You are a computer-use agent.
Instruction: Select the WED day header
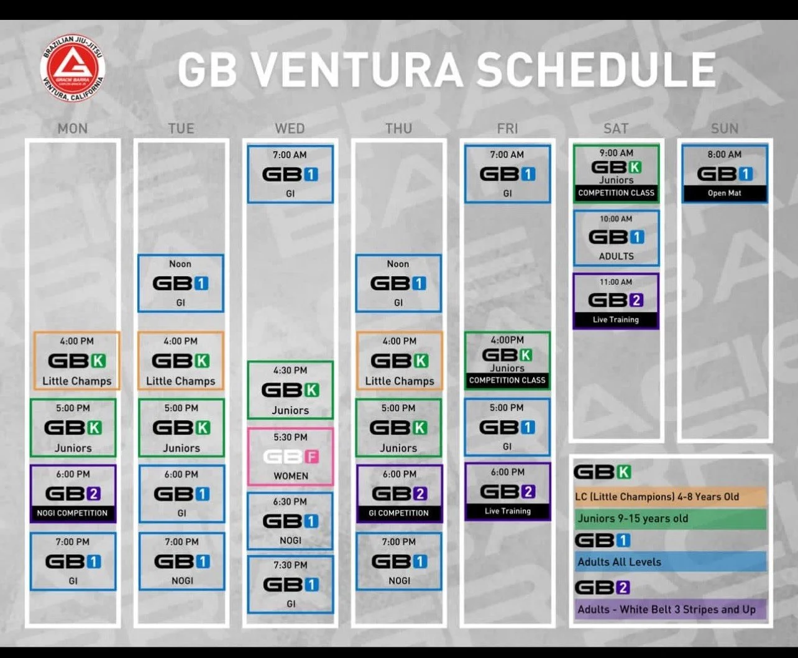click(x=290, y=129)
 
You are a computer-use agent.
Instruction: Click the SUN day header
click(x=724, y=129)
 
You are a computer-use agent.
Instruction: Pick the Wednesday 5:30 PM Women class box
click(x=290, y=456)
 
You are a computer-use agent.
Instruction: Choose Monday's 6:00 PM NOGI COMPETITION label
click(x=73, y=513)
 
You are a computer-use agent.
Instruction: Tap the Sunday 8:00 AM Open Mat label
click(x=724, y=193)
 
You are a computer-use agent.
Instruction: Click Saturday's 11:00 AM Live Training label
click(x=615, y=320)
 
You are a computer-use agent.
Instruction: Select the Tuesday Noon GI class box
click(x=180, y=283)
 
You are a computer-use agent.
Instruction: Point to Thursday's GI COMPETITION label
click(x=398, y=513)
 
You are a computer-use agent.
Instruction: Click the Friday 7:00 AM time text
click(x=507, y=154)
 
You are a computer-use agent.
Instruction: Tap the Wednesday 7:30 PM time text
click(x=290, y=565)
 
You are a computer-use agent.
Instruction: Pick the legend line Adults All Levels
click(x=619, y=562)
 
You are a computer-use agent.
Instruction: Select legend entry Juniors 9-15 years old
click(x=633, y=519)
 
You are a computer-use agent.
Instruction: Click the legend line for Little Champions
click(x=657, y=497)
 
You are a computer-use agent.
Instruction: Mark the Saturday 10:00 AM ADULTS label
click(x=616, y=256)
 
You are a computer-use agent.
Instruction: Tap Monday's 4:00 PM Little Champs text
click(x=76, y=381)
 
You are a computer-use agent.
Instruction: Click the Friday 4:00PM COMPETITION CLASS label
click(x=507, y=380)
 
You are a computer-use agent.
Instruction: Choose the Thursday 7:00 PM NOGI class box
click(x=399, y=561)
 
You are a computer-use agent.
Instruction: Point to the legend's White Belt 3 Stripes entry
click(x=666, y=609)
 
